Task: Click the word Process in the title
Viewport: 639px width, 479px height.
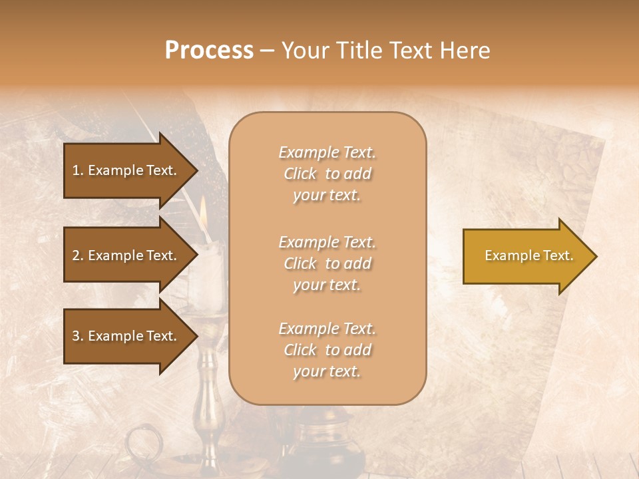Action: click(209, 51)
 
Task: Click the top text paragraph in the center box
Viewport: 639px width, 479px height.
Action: click(327, 174)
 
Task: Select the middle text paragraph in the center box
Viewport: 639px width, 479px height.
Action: click(327, 263)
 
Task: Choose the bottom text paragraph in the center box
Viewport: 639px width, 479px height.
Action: click(327, 350)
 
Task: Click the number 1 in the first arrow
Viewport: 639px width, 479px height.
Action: click(76, 170)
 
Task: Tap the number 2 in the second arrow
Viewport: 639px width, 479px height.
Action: click(76, 255)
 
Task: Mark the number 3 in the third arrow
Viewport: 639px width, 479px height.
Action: click(76, 336)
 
